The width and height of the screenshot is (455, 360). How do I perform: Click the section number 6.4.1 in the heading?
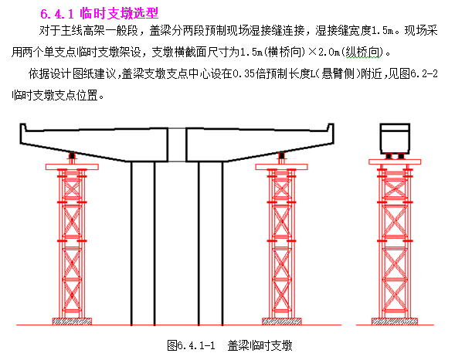(x=57, y=14)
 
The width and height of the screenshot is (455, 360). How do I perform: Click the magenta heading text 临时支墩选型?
(x=119, y=13)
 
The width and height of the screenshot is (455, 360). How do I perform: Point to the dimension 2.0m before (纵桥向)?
(x=329, y=53)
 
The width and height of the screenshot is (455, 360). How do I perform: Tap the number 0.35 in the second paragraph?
(x=244, y=74)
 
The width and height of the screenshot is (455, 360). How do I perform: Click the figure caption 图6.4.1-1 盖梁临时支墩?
(x=229, y=345)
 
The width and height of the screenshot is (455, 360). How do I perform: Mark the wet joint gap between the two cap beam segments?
(x=177, y=144)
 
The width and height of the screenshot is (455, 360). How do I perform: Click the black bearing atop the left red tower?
(x=72, y=156)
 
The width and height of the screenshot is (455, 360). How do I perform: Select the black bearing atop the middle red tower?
(x=281, y=156)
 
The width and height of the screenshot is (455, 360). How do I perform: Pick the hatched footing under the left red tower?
(x=72, y=321)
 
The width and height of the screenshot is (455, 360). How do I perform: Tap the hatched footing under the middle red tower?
(x=282, y=321)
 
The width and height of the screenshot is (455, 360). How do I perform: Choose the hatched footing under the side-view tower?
(x=395, y=321)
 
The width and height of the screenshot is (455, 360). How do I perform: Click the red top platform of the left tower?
(x=72, y=167)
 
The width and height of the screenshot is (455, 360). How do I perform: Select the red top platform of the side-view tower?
(x=395, y=162)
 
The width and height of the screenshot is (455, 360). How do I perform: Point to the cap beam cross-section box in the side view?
(x=395, y=138)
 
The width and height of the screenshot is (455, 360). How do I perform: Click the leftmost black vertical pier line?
(x=131, y=243)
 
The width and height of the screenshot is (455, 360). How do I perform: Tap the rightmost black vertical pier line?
(x=222, y=243)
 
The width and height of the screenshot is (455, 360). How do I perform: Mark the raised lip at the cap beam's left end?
(x=23, y=127)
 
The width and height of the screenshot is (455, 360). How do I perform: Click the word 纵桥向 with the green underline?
(x=362, y=53)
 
